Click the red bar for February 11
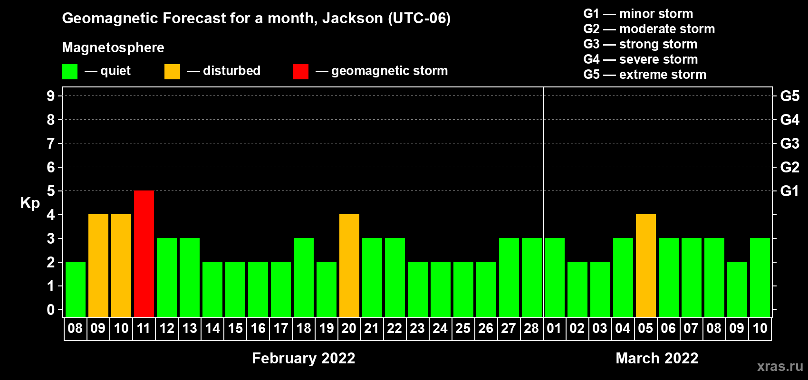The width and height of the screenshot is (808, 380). (x=144, y=254)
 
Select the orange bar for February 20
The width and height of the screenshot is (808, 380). (x=349, y=266)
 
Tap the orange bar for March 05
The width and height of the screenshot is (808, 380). (x=645, y=266)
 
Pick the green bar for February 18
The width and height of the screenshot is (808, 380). (x=304, y=277)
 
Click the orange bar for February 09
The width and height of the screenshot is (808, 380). (x=98, y=266)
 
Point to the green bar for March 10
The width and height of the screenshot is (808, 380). (x=760, y=277)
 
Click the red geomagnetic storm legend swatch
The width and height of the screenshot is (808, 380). (x=300, y=71)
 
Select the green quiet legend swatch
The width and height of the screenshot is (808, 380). (x=69, y=71)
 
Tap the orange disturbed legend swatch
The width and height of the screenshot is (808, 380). (x=172, y=71)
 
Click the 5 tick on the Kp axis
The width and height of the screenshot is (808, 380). (x=50, y=191)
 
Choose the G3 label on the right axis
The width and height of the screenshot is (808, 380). (x=789, y=143)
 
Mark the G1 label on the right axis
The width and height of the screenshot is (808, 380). (x=789, y=191)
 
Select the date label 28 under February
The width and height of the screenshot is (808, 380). (x=531, y=328)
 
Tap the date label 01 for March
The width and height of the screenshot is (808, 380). (x=554, y=328)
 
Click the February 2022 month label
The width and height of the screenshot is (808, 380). (x=304, y=358)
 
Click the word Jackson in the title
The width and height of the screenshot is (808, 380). (x=352, y=19)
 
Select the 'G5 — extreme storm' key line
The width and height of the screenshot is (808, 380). (x=645, y=75)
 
